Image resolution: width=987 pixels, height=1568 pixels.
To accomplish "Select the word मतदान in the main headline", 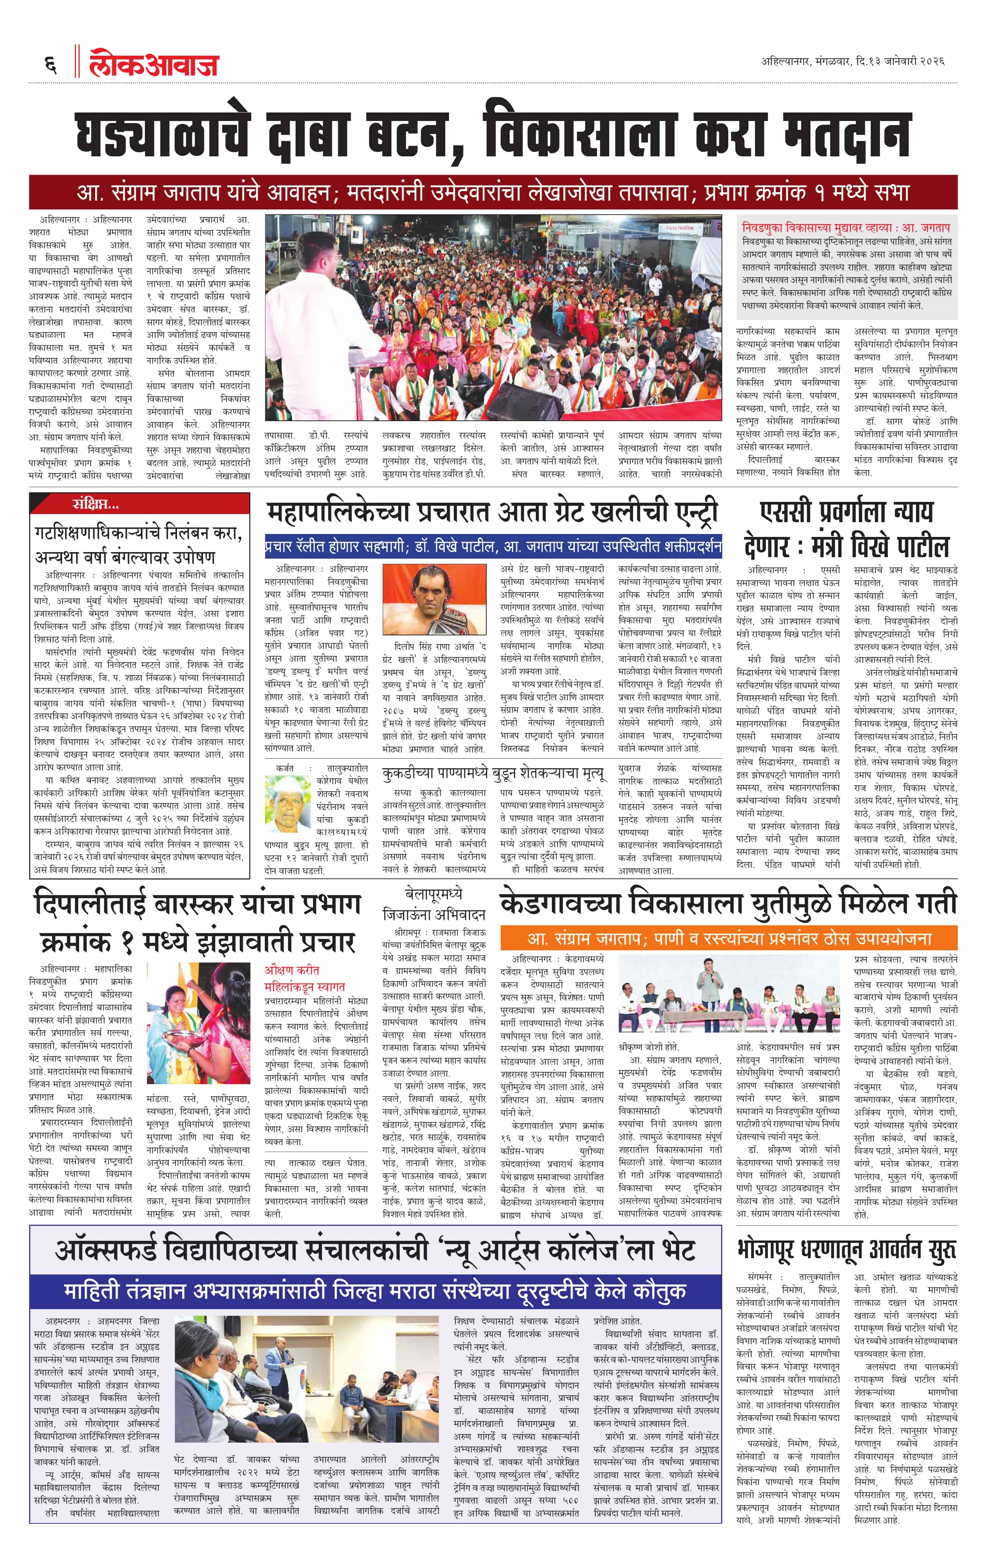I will click(x=845, y=135).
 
